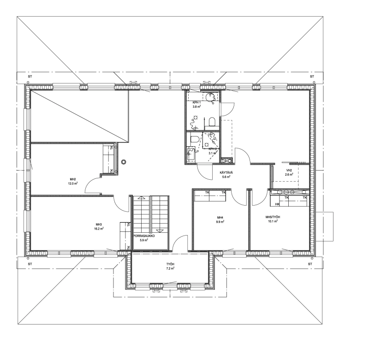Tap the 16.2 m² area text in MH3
[x=99, y=228]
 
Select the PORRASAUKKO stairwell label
[x=144, y=236]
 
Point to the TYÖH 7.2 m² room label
[x=170, y=266]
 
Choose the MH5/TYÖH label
[x=273, y=217]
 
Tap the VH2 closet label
[x=289, y=170]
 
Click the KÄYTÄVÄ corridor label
[x=225, y=172]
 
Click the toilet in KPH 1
[x=212, y=122]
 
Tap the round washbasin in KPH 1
[x=209, y=97]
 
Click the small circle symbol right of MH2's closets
[x=124, y=162]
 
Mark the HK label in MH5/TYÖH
[x=277, y=204]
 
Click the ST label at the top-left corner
[x=30, y=77]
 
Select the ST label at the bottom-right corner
[x=310, y=264]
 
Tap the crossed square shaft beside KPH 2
[x=227, y=161]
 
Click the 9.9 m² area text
[x=220, y=222]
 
